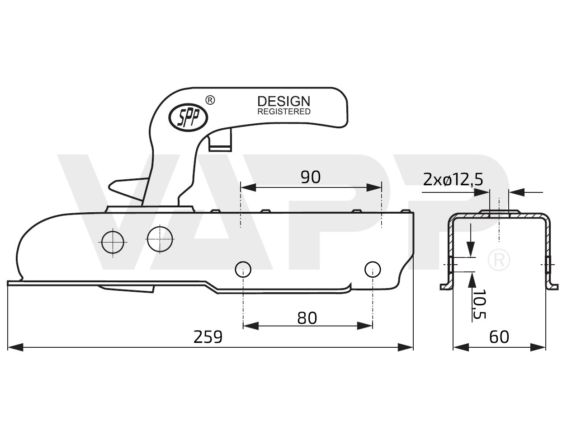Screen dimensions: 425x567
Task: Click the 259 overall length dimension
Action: point(208,337)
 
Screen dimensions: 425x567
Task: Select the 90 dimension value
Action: point(311,177)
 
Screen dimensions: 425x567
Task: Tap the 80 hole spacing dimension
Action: point(307,318)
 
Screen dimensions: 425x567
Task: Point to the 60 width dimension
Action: point(499,337)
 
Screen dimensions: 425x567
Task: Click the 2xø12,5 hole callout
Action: point(453,180)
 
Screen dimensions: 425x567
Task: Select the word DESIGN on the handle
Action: point(283,101)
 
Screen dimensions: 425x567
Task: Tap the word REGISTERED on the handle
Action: point(283,112)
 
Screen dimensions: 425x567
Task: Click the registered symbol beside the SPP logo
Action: point(210,100)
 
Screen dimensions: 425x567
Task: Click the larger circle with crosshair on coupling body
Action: point(160,238)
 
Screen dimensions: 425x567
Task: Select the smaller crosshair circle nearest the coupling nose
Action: point(113,242)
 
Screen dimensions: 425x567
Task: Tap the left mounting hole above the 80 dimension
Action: point(243,270)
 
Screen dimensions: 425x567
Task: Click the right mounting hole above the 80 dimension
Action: point(373,270)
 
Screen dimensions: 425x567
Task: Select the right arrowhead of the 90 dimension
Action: point(374,187)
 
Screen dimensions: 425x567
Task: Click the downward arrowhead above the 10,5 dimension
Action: point(471,248)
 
